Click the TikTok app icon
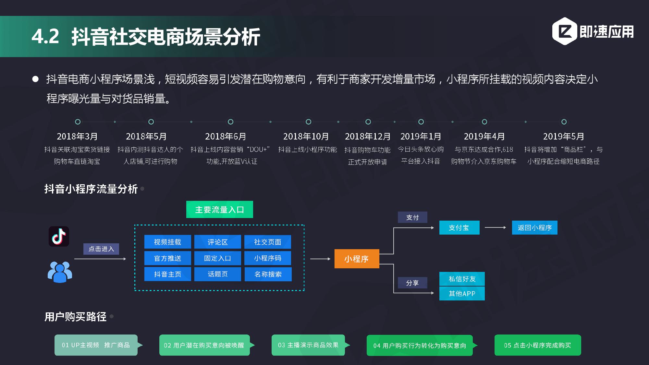[59, 236]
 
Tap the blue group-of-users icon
[60, 272]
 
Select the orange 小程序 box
[357, 259]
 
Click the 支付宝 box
[459, 228]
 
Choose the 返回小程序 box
[534, 228]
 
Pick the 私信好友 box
[462, 279]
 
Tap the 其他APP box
[462, 294]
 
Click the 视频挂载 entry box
[167, 242]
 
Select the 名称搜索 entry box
[268, 274]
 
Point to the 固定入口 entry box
[217, 258]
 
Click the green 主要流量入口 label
[219, 210]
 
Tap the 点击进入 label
[101, 249]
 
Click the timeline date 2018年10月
[306, 137]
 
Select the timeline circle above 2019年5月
[564, 122]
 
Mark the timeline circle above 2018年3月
[78, 122]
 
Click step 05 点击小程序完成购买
[537, 345]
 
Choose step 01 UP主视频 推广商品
[96, 345]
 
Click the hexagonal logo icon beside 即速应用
[564, 31]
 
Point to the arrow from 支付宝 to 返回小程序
[495, 228]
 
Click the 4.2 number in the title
[45, 36]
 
